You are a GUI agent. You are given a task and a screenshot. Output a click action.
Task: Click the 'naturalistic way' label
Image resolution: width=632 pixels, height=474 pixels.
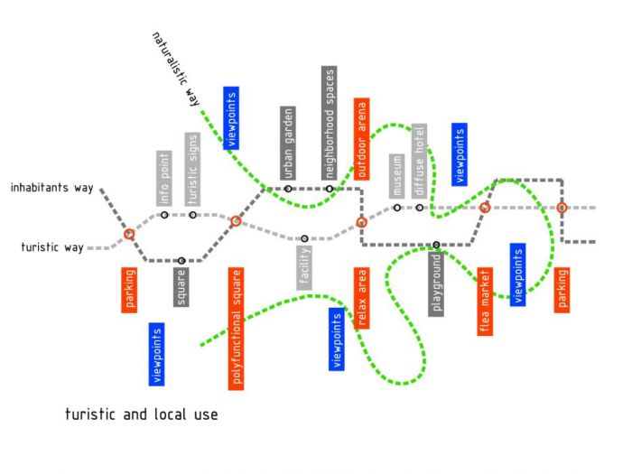176,70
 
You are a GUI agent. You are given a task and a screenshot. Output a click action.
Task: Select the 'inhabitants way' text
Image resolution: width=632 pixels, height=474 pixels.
52,188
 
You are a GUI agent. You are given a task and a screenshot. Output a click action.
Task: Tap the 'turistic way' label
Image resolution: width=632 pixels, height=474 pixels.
52,246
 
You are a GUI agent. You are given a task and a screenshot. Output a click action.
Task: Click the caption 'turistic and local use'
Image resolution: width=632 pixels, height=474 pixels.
142,414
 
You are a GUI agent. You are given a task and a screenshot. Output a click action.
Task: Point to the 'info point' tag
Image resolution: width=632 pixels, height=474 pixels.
164,178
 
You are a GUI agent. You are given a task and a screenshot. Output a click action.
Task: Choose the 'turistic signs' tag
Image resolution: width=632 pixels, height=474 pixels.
192,169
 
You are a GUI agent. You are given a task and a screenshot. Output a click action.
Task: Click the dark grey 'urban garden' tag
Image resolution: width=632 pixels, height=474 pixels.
288,143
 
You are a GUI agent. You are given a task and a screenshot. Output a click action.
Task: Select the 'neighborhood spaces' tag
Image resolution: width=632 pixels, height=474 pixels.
330,123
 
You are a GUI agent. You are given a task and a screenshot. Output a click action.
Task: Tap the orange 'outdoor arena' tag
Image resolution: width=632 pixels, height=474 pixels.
361,139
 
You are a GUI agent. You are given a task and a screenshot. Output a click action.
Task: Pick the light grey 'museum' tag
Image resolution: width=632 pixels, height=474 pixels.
397,176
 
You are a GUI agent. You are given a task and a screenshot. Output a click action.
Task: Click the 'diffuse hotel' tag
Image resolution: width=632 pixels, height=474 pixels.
419,162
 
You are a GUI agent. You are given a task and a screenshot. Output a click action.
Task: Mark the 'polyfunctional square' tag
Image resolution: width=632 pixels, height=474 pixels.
237,329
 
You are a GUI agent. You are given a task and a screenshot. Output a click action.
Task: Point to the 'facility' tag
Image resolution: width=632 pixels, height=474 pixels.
304,267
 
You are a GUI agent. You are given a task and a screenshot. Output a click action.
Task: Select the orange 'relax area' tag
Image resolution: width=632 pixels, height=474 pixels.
361,298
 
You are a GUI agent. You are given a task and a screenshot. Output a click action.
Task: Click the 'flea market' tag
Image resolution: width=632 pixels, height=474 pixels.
485,301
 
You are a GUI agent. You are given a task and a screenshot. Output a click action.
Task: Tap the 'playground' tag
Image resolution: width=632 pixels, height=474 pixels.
436,284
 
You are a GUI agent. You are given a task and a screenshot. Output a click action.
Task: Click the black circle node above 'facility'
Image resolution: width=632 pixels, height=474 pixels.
305,238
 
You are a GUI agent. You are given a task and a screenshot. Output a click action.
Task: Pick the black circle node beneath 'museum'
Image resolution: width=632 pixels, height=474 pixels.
397,208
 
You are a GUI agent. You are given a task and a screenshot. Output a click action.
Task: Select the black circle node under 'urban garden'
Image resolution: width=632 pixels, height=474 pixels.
288,189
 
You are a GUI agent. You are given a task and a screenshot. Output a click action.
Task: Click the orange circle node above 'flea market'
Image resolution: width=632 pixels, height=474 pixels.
485,208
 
